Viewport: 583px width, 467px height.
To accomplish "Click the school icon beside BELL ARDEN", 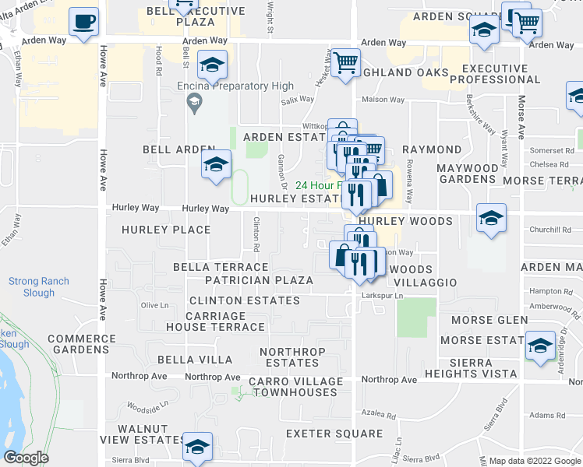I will point(216,164).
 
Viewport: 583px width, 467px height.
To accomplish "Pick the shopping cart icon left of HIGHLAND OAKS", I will point(345,62).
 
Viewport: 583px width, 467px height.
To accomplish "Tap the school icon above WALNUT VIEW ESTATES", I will point(197,446).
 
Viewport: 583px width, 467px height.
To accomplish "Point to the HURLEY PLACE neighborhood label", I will point(166,230).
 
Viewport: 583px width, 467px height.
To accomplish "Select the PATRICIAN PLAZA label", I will point(259,280).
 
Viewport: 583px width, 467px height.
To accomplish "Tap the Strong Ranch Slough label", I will point(39,287).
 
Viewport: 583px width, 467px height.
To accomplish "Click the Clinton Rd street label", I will point(256,236).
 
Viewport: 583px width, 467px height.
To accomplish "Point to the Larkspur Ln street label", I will point(382,296).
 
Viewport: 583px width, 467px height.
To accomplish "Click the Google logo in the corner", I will point(26,458).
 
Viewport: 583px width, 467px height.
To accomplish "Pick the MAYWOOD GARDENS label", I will point(467,174).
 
